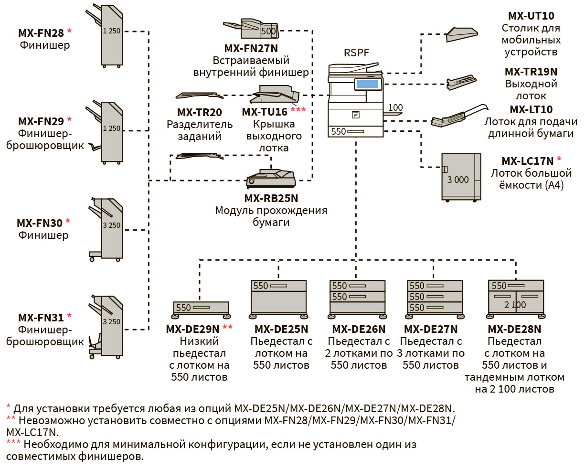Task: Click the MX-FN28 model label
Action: (41, 33)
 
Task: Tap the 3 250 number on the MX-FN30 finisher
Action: (111, 225)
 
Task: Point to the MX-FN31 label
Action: (41, 318)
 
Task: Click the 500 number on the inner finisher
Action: (268, 32)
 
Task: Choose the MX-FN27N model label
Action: (251, 48)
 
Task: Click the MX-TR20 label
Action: (199, 112)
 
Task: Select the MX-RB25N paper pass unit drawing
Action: (271, 179)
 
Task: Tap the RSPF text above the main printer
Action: (356, 53)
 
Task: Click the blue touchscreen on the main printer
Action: (367, 85)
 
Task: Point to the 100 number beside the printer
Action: (395, 108)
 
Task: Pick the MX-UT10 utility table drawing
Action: (462, 34)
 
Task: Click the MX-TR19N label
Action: (531, 72)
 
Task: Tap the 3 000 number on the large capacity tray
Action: (457, 180)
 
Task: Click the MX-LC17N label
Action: (527, 161)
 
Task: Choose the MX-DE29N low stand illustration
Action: (201, 309)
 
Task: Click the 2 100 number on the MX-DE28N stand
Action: (515, 305)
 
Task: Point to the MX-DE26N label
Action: (358, 329)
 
